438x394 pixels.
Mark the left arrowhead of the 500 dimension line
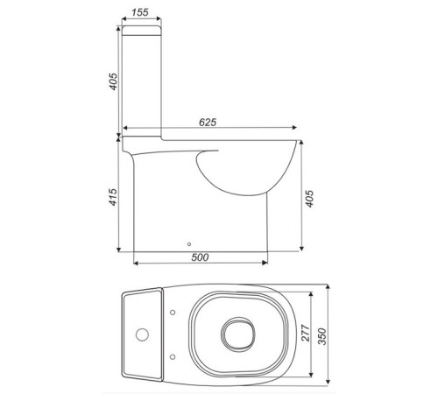click(134, 263)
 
